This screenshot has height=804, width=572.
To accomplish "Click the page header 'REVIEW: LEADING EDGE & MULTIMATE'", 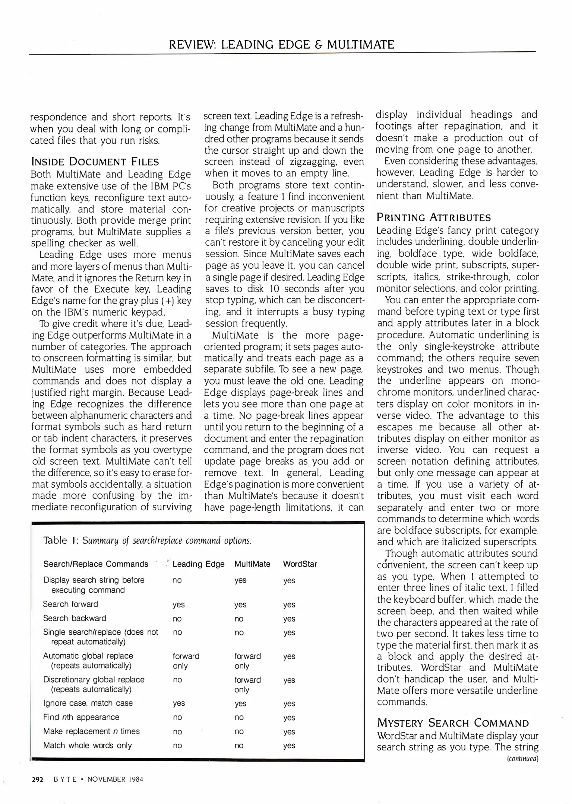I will tap(281, 45).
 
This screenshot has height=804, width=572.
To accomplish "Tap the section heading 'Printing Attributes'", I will tap(434, 217).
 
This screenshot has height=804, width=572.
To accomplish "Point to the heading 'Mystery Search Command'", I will tap(453, 723).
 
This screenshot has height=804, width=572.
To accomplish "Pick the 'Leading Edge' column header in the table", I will tap(198, 564).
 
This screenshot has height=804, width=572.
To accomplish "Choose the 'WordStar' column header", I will tap(300, 564).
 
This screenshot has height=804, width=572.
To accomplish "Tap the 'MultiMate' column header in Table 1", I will tap(252, 564).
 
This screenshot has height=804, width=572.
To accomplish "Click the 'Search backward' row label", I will tap(75, 618).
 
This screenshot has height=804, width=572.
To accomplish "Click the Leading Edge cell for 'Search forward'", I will tap(178, 605).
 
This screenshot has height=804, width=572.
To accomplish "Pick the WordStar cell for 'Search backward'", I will tap(289, 619).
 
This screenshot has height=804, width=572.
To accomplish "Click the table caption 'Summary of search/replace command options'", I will tap(167, 540).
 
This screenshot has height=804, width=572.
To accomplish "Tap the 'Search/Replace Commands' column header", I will tap(96, 564).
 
